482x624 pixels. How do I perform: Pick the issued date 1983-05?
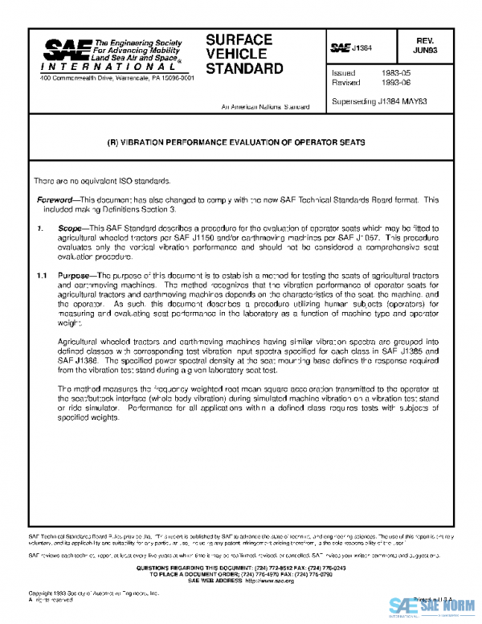coord(395,72)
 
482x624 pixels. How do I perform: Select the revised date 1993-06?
coord(395,82)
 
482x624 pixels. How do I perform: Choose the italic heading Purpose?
coord(76,276)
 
